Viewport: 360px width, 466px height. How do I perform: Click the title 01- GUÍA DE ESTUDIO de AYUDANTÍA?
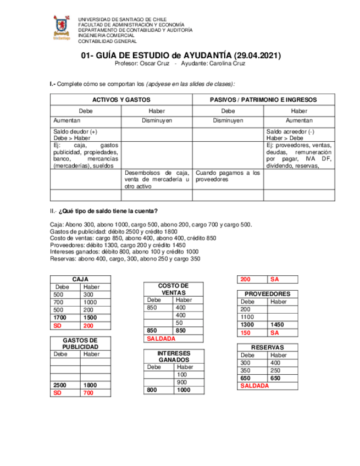coord(181,56)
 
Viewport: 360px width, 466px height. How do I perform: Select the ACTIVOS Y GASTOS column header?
coord(121,100)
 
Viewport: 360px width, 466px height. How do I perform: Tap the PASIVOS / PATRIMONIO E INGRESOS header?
coord(263,100)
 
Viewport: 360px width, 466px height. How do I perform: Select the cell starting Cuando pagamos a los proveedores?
coord(228,176)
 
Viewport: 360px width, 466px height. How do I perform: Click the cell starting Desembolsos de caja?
coord(157,180)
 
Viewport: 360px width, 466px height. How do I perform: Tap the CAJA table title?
coord(80,280)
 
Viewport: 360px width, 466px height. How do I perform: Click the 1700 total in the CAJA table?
coord(60,318)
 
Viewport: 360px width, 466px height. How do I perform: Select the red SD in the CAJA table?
coord(57,326)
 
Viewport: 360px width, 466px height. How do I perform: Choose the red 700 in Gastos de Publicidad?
coord(88,393)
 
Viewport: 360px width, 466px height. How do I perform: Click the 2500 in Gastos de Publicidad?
coord(60,385)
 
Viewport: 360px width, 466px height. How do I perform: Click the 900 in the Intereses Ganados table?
coord(181,382)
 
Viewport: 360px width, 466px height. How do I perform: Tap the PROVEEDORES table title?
coord(267,294)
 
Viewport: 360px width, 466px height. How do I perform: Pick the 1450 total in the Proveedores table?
coord(278,325)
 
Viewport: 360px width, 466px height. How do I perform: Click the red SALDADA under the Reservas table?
coord(254,386)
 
